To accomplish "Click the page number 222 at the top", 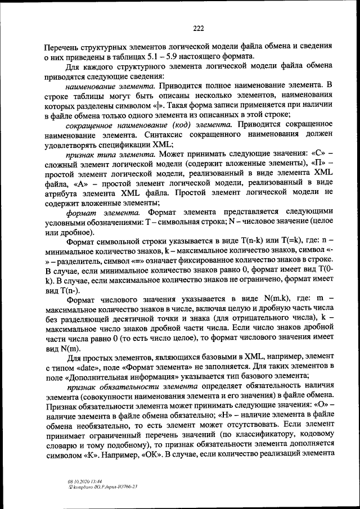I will point(197,29).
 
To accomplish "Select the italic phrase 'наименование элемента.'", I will point(110,87).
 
